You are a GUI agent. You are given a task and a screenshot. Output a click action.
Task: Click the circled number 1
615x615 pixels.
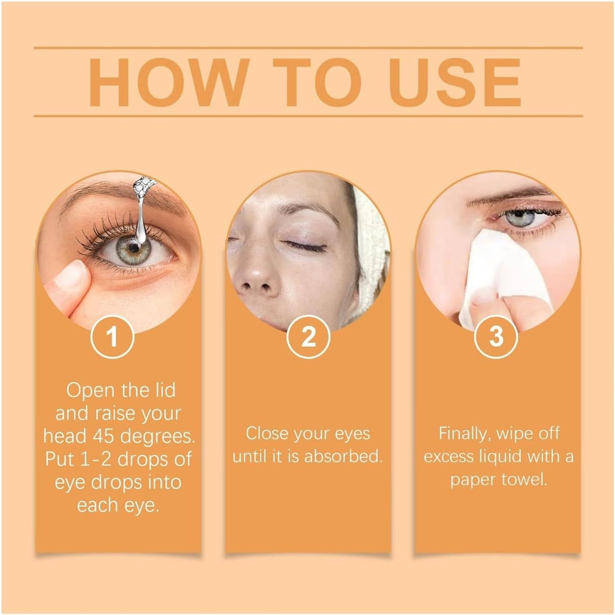click(x=113, y=336)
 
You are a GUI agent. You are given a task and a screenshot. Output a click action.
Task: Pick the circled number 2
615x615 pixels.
click(x=308, y=336)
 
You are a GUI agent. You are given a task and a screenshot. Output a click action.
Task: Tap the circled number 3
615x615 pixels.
click(x=496, y=336)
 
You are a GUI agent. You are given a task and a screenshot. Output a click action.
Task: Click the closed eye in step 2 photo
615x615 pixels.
click(x=306, y=247)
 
